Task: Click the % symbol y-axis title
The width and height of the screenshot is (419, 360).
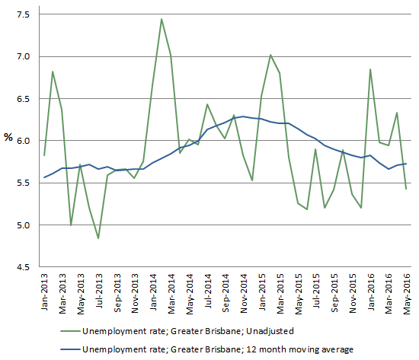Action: [8, 138]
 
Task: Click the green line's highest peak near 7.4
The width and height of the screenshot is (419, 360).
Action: [162, 19]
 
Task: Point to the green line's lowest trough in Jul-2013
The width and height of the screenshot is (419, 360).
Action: [98, 238]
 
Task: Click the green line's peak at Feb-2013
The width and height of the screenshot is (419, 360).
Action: [53, 72]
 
